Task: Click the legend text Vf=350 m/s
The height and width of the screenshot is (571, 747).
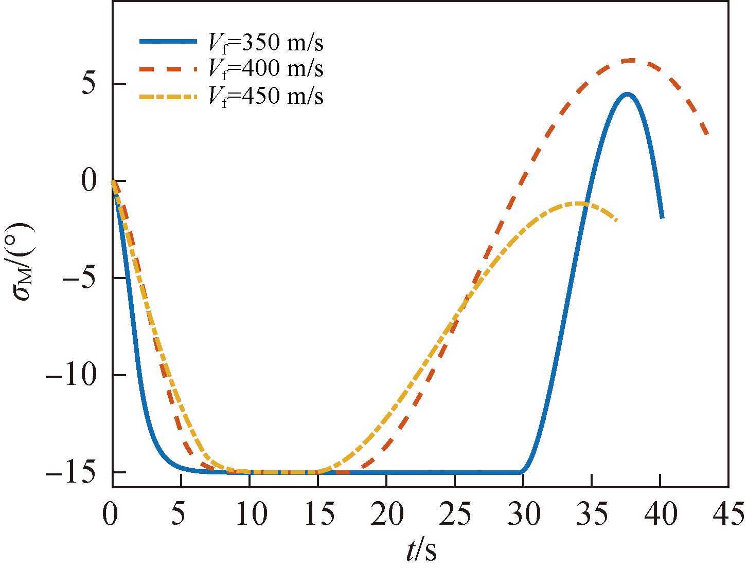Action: coord(265,43)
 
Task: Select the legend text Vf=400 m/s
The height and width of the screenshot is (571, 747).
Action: coord(265,68)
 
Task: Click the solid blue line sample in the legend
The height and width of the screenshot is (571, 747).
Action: coord(168,42)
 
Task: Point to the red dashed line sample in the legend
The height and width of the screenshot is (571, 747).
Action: coord(168,68)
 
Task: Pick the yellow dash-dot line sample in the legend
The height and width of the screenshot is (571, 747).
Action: coord(168,96)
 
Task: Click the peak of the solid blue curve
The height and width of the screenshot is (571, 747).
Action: coord(627,94)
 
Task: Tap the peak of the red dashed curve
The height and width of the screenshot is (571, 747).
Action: coord(631,60)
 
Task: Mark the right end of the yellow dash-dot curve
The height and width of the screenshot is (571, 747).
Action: coord(616,220)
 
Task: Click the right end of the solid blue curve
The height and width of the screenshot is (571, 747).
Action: coord(662,217)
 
